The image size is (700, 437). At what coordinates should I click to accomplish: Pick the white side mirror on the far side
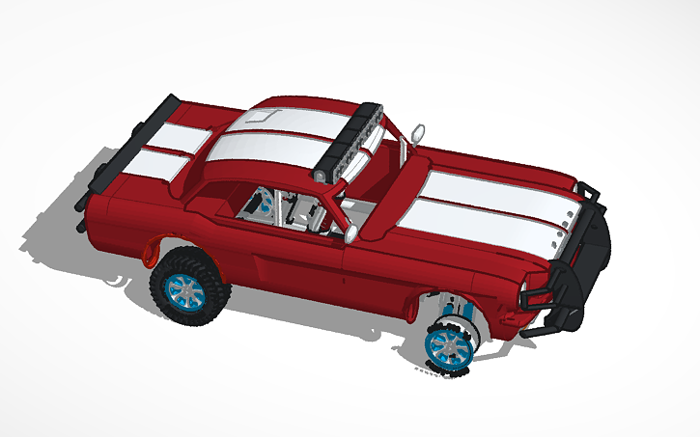pyautogui.click(x=418, y=129)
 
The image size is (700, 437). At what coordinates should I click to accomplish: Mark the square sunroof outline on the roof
pyautogui.click(x=259, y=118)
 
